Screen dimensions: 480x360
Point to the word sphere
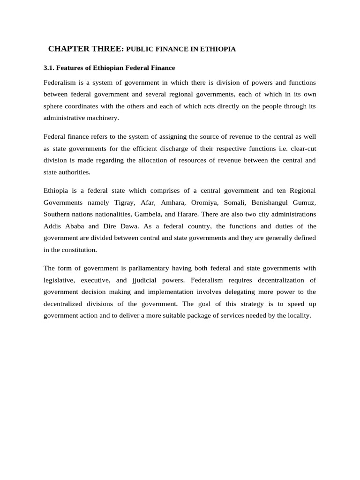coord(53,106)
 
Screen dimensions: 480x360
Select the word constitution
coord(80,249)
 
